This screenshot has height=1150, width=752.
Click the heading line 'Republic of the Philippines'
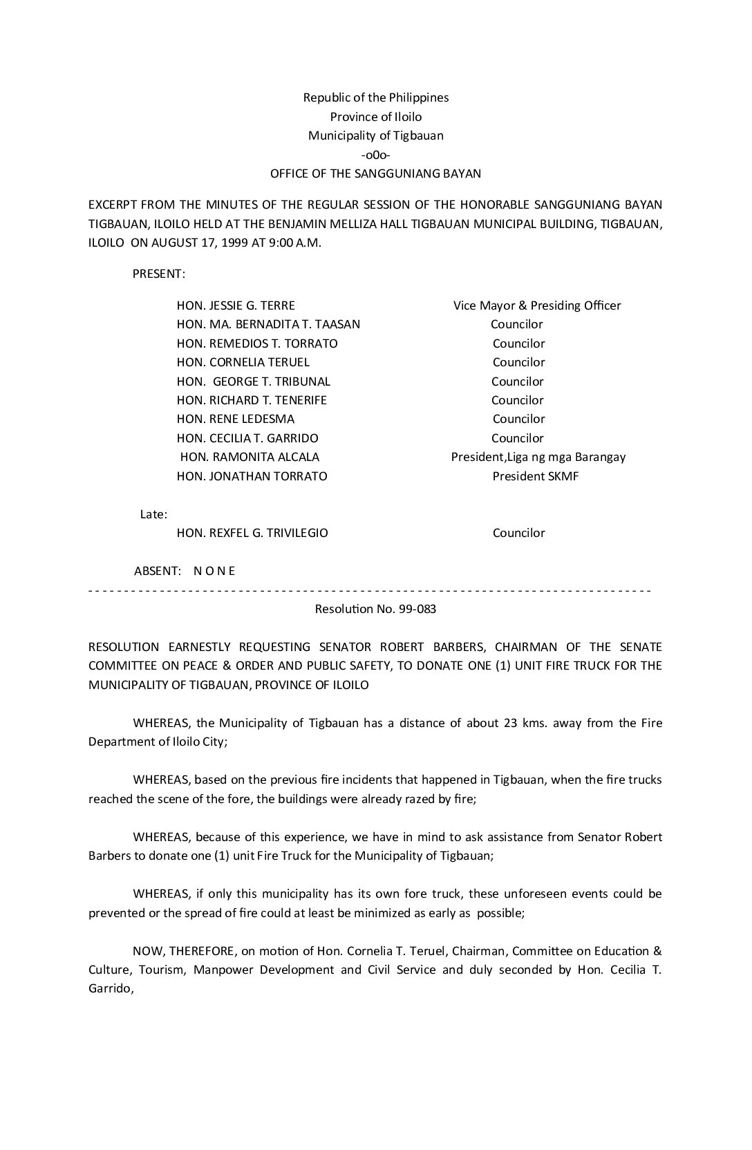[x=376, y=97]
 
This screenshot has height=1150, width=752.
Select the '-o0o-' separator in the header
[x=376, y=155]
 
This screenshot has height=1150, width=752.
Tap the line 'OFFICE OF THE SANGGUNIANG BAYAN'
[x=375, y=173]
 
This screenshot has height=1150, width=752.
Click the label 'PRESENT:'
[x=159, y=274]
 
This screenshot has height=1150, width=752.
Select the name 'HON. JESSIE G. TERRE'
[x=236, y=305]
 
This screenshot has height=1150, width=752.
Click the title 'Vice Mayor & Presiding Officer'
[x=537, y=305]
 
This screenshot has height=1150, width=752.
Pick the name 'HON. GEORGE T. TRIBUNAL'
[x=254, y=381]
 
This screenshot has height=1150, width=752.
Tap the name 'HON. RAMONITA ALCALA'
[x=250, y=457]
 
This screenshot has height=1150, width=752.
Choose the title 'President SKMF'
[x=536, y=476]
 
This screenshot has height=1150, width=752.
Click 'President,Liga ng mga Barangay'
[x=538, y=457]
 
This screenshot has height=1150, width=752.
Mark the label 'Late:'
[x=153, y=514]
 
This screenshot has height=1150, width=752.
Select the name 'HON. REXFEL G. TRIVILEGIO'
[x=252, y=533]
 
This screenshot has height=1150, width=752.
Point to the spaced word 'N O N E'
[x=214, y=571]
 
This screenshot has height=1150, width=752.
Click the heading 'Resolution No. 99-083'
[x=375, y=609]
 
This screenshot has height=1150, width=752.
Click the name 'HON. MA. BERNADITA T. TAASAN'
[x=268, y=324]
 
